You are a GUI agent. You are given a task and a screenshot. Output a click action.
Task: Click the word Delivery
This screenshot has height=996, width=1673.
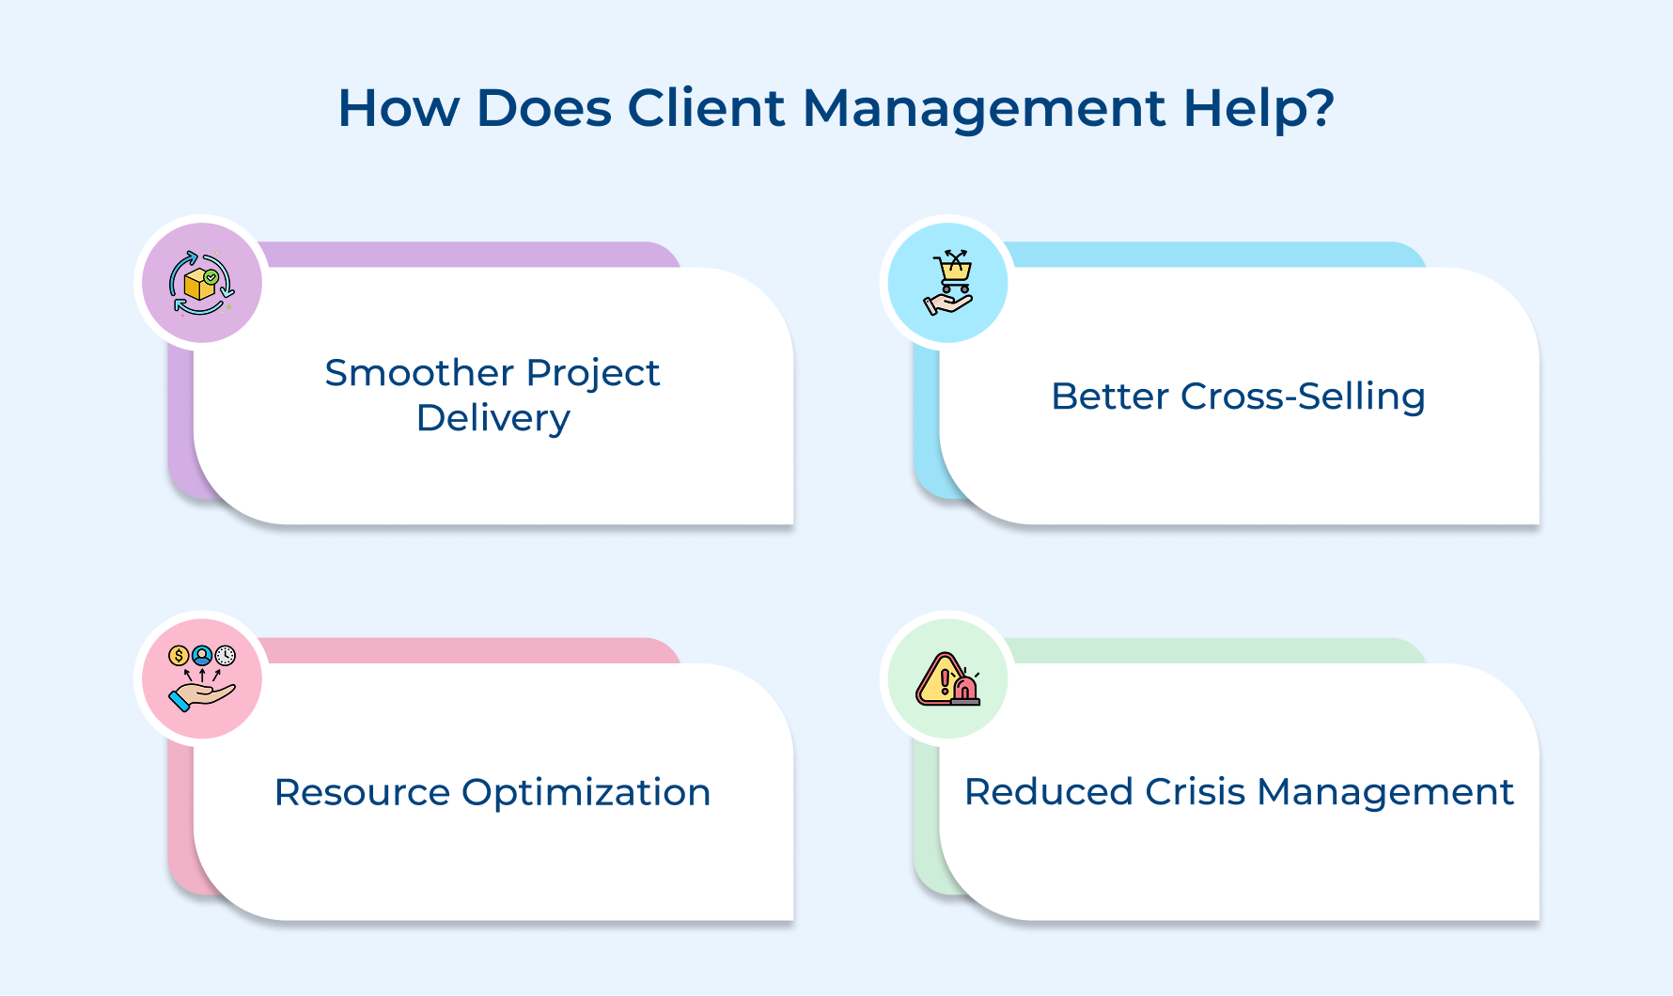pyautogui.click(x=493, y=418)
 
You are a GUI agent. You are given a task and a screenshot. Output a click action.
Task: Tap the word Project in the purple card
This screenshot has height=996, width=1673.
pyautogui.click(x=593, y=374)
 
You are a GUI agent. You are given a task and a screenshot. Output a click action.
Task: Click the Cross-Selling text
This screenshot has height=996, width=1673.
pyautogui.click(x=1303, y=397)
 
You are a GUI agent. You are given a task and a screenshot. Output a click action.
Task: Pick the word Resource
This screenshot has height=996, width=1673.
pyautogui.click(x=362, y=792)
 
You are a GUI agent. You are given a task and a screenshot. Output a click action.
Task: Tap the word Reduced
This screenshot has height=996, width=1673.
pyautogui.click(x=1048, y=792)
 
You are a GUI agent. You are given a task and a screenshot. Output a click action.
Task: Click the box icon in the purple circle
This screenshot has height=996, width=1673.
pyautogui.click(x=199, y=284)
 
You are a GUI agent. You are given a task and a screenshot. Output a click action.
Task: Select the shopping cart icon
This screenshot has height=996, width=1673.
pyautogui.click(x=955, y=271)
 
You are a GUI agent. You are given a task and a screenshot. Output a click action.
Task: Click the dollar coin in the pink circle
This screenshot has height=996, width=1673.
pyautogui.click(x=179, y=655)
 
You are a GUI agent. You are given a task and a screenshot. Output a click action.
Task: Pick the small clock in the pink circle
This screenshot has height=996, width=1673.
pyautogui.click(x=226, y=655)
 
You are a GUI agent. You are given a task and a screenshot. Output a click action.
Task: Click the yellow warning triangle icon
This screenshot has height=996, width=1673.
pyautogui.click(x=941, y=680)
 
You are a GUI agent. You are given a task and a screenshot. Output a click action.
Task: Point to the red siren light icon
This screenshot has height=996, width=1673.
pyautogui.click(x=964, y=690)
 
